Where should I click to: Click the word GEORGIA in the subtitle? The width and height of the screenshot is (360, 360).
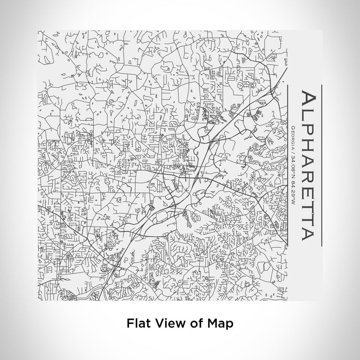coord(292,137)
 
